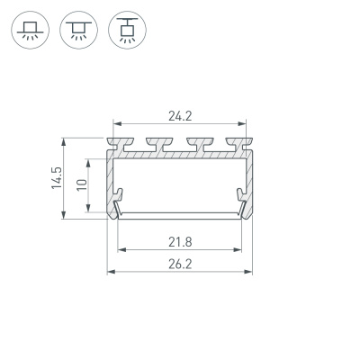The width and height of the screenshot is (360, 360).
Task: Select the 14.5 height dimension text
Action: (56, 177)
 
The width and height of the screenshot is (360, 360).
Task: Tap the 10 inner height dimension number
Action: (80, 184)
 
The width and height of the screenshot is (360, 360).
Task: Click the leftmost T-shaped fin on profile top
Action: (117, 142)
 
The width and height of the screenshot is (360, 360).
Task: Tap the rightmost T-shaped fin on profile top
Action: (240, 142)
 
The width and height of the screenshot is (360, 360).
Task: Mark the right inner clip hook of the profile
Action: (240, 195)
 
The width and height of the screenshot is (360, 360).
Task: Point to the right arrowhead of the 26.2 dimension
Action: (248, 271)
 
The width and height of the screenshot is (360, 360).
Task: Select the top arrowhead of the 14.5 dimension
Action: (64, 140)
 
